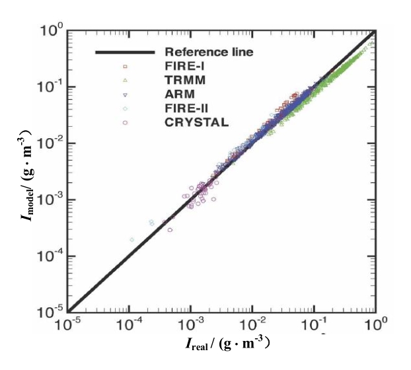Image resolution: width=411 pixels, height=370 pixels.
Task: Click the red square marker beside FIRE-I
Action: [x=125, y=66]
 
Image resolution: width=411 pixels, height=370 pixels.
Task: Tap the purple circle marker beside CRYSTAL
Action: [x=125, y=122]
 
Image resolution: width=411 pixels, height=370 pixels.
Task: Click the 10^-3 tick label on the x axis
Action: [x=190, y=325]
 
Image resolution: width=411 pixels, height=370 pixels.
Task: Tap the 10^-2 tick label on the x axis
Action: [x=252, y=325]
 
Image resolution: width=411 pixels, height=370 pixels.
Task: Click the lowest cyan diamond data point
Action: [x=131, y=239]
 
